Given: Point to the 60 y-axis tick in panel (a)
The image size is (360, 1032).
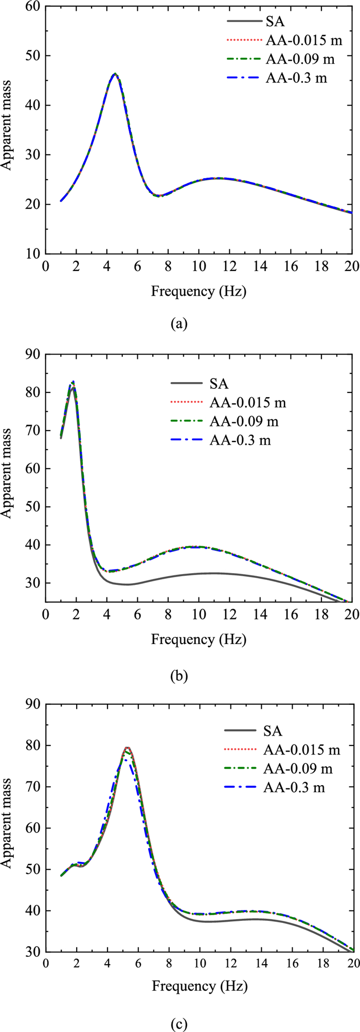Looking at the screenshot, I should point(34,6).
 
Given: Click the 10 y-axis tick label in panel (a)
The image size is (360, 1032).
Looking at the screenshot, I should point(34,254).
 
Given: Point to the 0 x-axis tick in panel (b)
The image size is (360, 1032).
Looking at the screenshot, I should point(46,615).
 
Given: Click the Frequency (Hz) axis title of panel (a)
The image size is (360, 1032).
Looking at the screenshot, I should point(199,292).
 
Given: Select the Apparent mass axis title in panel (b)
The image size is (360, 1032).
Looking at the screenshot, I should point(9,478).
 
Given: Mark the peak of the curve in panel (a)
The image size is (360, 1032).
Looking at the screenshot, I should point(115,74).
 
